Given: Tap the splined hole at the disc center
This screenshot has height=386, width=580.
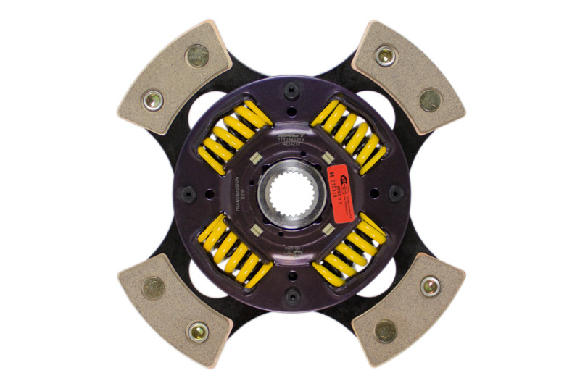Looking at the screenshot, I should (289, 193).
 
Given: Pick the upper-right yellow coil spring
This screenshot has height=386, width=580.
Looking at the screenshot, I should (349, 136).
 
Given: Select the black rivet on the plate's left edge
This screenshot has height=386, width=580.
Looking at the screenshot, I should (188, 193).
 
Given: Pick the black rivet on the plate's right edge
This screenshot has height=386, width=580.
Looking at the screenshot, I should (395, 193).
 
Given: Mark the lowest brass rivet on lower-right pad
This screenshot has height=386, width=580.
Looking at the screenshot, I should (386, 331).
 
